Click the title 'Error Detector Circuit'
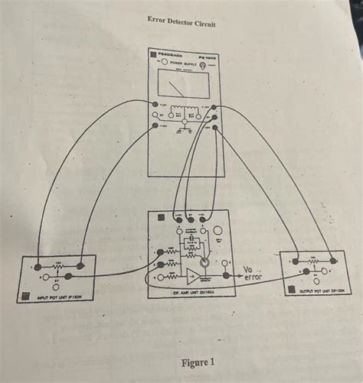pyautogui.click(x=181, y=23)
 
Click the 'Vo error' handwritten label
pyautogui.click(x=252, y=272)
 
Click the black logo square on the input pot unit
pyautogui.click(x=24, y=296)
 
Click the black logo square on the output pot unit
pyautogui.click(x=288, y=290)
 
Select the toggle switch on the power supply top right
pyautogui.click(x=212, y=67)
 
